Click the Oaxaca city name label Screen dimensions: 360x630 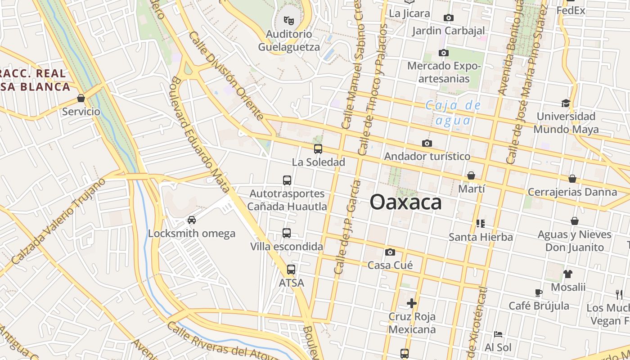(x=405, y=202)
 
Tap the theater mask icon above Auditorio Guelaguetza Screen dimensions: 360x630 (x=288, y=20)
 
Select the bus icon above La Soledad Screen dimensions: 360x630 (x=318, y=148)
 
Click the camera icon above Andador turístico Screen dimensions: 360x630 (x=427, y=143)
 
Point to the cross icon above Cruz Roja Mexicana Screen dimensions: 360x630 (x=412, y=303)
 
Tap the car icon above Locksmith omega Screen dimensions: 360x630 (x=192, y=220)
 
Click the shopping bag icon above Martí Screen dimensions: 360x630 (x=471, y=175)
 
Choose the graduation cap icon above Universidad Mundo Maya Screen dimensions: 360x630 (x=566, y=103)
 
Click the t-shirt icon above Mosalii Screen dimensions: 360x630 (x=568, y=274)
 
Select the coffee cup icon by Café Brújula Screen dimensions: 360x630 (x=539, y=293)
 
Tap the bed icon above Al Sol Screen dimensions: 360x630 (x=498, y=334)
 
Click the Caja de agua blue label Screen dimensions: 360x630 (x=453, y=113)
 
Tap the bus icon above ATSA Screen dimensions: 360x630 (x=291, y=270)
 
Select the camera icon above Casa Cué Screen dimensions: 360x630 (x=390, y=252)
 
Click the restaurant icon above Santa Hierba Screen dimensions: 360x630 (x=480, y=223)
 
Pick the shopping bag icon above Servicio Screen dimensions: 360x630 (x=81, y=98)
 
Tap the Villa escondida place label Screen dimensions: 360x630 (x=287, y=247)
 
